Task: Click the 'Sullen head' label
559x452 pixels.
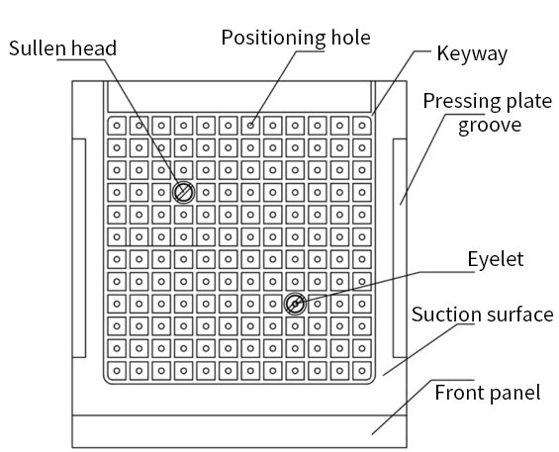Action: click(62, 48)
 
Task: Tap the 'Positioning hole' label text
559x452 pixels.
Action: click(296, 38)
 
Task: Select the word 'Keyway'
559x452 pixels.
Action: click(472, 53)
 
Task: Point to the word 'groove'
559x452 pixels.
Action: click(490, 126)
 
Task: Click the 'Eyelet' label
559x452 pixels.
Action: click(496, 259)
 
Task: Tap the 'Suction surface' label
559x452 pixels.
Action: click(483, 315)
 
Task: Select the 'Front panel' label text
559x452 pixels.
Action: click(488, 392)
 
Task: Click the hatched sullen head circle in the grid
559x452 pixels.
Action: click(184, 192)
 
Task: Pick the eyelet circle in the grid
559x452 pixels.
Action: click(295, 304)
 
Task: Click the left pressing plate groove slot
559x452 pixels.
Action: click(79, 248)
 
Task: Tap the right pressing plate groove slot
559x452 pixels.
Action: click(400, 248)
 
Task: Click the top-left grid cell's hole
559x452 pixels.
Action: click(117, 126)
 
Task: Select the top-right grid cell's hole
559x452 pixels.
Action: click(362, 126)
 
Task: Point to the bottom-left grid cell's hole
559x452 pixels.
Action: click(117, 371)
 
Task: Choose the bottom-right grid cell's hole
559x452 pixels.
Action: click(362, 371)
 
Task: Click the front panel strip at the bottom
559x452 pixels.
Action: click(239, 431)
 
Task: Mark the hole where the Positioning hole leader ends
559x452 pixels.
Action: click(250, 126)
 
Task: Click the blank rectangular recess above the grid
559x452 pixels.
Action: click(239, 96)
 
